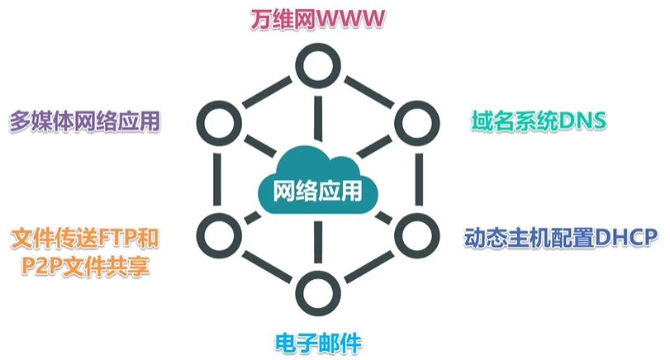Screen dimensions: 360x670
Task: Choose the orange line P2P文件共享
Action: [84, 267]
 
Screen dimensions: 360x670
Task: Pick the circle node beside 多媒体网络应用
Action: [218, 120]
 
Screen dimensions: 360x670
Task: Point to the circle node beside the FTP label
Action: [218, 234]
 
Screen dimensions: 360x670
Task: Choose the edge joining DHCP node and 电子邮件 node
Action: [367, 263]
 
